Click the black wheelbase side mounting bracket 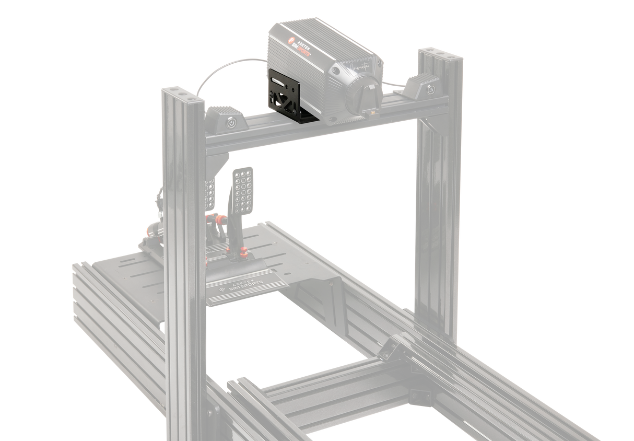coord(287,98)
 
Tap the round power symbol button coord(231,125)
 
